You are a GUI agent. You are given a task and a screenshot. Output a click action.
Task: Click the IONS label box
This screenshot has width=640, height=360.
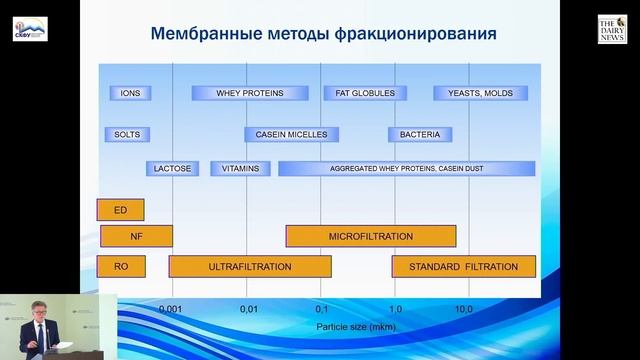pyautogui.click(x=130, y=93)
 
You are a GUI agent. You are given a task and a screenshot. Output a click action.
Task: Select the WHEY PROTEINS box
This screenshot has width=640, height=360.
pyautogui.click(x=250, y=93)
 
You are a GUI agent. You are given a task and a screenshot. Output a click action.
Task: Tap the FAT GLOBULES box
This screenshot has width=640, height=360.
pyautogui.click(x=359, y=93)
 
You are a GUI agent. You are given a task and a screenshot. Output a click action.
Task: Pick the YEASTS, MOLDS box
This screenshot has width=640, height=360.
pyautogui.click(x=473, y=93)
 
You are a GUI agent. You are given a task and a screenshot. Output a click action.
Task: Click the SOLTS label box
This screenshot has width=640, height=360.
pyautogui.click(x=127, y=134)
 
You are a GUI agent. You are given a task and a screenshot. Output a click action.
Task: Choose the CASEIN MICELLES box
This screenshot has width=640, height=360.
pyautogui.click(x=292, y=134)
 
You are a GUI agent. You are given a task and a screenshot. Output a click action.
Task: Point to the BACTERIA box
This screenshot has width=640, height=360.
pyautogui.click(x=420, y=134)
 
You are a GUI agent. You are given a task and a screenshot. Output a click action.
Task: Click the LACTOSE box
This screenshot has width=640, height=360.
pyautogui.click(x=172, y=169)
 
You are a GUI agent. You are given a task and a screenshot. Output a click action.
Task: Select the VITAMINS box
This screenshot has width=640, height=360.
pyautogui.click(x=240, y=169)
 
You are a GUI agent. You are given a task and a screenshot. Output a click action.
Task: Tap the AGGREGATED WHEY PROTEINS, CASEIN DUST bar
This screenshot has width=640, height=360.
pyautogui.click(x=406, y=169)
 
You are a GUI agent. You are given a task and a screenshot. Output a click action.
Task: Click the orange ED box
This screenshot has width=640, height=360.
pyautogui.click(x=120, y=210)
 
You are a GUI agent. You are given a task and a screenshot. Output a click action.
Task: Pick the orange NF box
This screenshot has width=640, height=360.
pyautogui.click(x=136, y=237)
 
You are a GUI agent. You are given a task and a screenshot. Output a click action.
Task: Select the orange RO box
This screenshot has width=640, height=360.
pyautogui.click(x=120, y=267)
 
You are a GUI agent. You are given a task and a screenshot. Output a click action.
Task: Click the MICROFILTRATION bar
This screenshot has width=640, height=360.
pyautogui.click(x=371, y=237)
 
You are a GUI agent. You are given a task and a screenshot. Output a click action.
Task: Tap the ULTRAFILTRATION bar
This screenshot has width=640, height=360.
pyautogui.click(x=250, y=267)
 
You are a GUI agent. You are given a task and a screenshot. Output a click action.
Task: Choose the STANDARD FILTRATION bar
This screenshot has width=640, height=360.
pyautogui.click(x=463, y=267)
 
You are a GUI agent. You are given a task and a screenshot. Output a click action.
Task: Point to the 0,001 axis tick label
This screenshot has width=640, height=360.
pyautogui.click(x=172, y=310)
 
